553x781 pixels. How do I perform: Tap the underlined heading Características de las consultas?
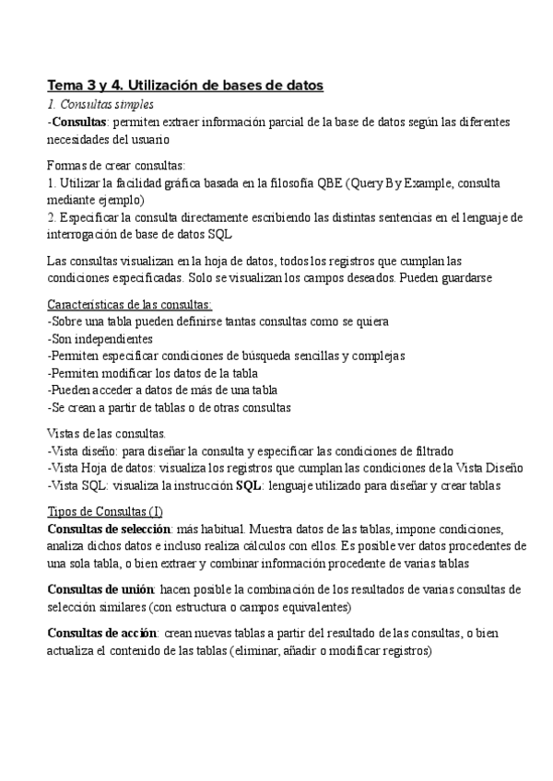(x=130, y=305)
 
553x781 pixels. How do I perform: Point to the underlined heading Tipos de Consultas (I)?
(x=106, y=511)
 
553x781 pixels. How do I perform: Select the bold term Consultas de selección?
(x=109, y=529)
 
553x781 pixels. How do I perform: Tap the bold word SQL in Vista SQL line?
(x=249, y=484)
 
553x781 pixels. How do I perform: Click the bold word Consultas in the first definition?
(x=79, y=122)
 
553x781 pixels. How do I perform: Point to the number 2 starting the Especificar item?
(x=50, y=217)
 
